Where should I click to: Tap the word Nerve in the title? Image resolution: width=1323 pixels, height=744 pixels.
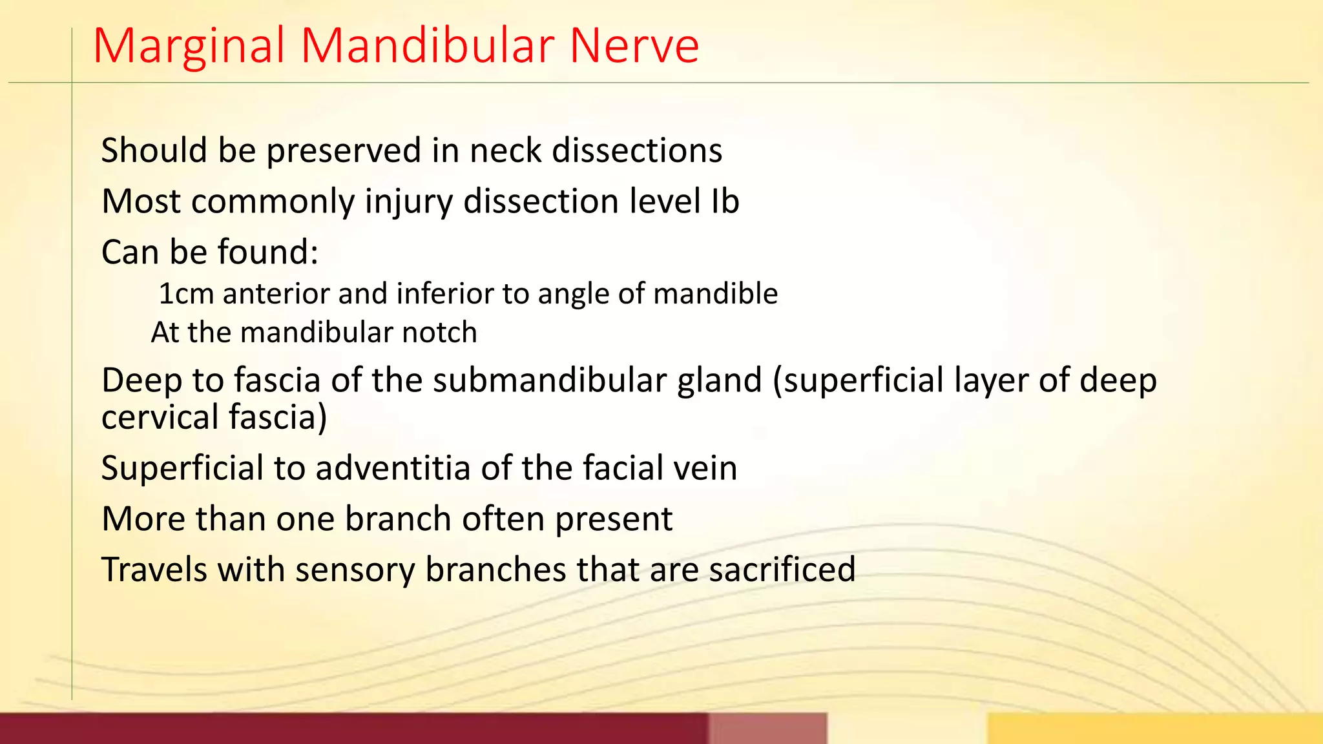pyautogui.click(x=634, y=46)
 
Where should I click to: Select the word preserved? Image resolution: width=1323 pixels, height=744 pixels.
pyautogui.click(x=344, y=151)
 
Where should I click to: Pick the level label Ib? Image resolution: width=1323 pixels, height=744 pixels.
pyautogui.click(x=725, y=201)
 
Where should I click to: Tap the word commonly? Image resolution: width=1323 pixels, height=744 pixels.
pyautogui.click(x=273, y=202)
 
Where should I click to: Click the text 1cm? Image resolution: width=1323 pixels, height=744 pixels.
pyautogui.click(x=186, y=294)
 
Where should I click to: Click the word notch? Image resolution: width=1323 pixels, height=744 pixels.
pyautogui.click(x=439, y=333)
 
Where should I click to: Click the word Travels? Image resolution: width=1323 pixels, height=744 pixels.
pyautogui.click(x=154, y=570)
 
